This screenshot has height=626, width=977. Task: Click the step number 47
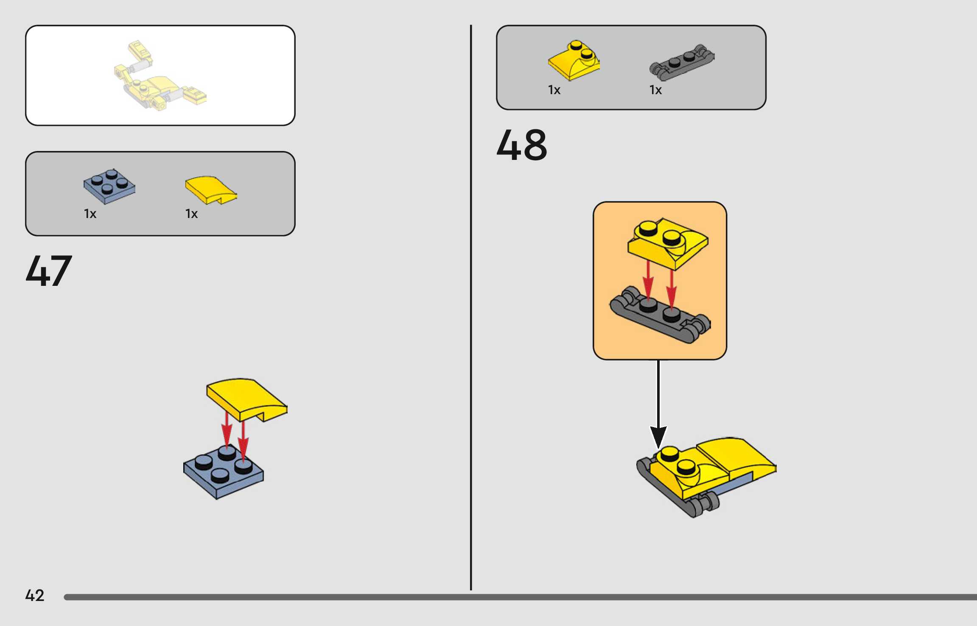point(49,271)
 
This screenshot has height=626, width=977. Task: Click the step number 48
point(521,145)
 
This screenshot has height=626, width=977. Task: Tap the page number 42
point(34,595)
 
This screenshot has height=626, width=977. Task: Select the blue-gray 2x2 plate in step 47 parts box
point(109,186)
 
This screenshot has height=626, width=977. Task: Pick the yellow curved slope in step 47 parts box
point(210,190)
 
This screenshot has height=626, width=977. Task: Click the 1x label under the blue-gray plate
point(90,214)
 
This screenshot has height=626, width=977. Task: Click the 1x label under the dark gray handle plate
point(655,90)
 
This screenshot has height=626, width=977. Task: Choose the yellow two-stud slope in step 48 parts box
point(574,61)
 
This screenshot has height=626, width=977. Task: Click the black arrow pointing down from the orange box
point(658,403)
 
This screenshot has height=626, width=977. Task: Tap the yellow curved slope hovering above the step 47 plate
point(246,399)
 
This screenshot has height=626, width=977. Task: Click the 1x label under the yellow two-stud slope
point(554,90)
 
